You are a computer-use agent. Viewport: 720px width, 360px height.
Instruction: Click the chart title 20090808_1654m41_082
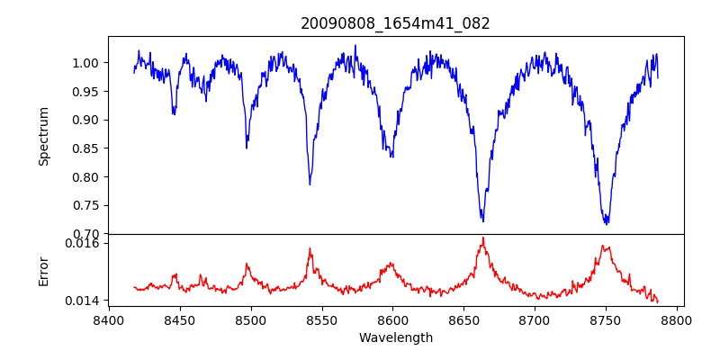click(x=395, y=23)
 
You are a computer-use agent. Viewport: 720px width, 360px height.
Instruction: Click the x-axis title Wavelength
click(x=395, y=338)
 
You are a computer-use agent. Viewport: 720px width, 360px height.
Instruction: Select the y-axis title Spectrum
click(x=44, y=136)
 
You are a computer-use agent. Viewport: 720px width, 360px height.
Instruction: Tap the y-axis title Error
click(x=44, y=271)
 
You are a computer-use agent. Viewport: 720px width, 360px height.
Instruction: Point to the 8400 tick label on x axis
click(x=109, y=319)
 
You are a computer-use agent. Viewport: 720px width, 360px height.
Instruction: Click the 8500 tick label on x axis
click(x=250, y=319)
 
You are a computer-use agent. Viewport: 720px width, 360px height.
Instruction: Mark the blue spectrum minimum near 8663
click(x=482, y=220)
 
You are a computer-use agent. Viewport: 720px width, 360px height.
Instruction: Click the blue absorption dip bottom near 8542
click(x=310, y=184)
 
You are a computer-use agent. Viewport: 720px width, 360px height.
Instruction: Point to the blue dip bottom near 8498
click(x=247, y=148)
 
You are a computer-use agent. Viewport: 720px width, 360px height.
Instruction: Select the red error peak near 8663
click(x=482, y=238)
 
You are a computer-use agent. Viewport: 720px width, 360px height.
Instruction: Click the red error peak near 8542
click(x=310, y=248)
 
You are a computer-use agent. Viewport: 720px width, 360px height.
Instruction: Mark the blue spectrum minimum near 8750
click(x=606, y=223)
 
